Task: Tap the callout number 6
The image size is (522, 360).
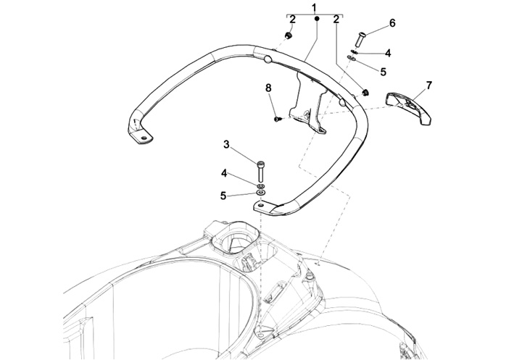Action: [392, 23]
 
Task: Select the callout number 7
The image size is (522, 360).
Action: [429, 85]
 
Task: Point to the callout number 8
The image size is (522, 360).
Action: [268, 88]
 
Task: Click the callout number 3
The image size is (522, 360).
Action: [226, 145]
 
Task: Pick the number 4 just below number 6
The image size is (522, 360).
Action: [388, 53]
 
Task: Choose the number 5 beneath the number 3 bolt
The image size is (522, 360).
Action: [224, 194]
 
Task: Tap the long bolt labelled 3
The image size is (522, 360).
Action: [260, 172]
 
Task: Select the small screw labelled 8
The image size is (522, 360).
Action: [278, 118]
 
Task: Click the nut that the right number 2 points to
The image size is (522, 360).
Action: [364, 92]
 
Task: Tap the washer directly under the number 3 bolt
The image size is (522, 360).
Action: [260, 186]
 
